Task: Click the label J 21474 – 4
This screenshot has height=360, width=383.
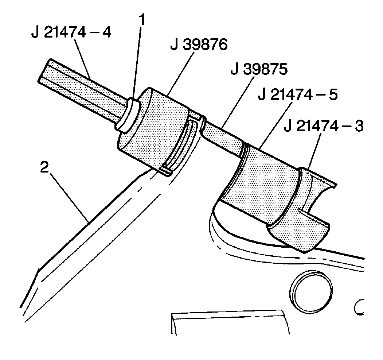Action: pyautogui.click(x=71, y=32)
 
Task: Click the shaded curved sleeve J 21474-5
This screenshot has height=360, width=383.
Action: pyautogui.click(x=262, y=182)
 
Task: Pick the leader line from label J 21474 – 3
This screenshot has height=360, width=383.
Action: pyautogui.click(x=313, y=151)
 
